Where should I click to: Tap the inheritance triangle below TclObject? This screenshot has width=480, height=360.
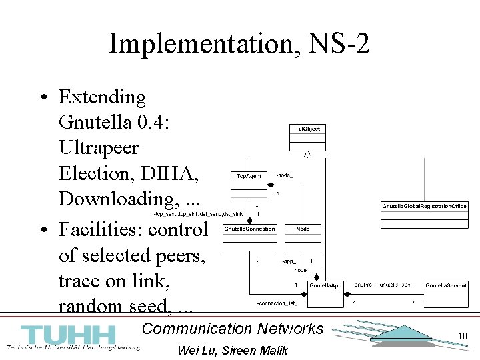tap(307, 155)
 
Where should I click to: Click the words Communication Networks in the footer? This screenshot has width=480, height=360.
tap(233, 328)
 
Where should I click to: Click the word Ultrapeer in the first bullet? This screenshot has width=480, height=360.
tap(99, 148)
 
